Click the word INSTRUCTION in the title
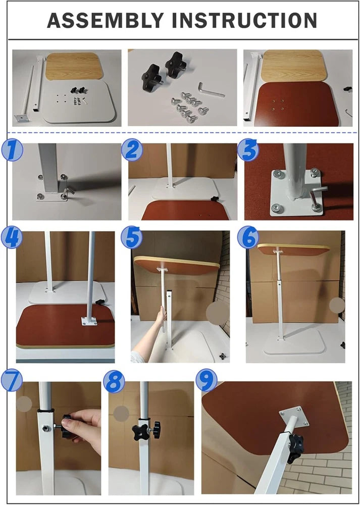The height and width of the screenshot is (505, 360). (x=245, y=20)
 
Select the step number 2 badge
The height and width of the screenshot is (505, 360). (x=132, y=150)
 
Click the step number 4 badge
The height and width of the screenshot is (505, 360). (x=11, y=238)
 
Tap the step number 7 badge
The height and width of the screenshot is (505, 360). (x=11, y=380)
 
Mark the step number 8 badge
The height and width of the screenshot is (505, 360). (x=114, y=383)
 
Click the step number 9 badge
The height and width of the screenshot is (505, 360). (x=207, y=380)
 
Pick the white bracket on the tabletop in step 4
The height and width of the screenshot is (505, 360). (x=89, y=321)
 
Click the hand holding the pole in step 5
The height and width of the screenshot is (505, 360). (x=160, y=318)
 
